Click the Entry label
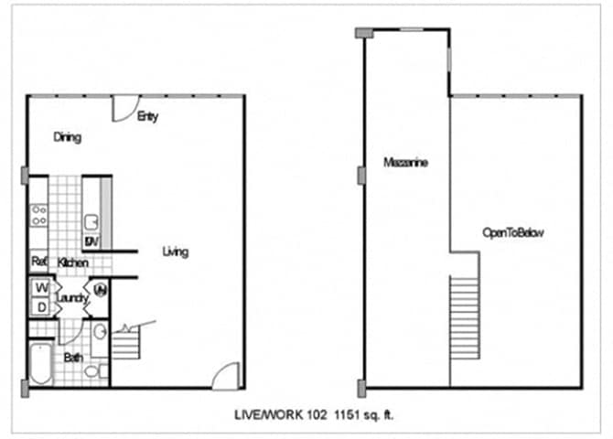pos(146,117)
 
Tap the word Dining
pos(67,138)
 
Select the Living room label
pos(176,252)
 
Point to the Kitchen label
pos(72,263)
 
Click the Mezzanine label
pos(406,163)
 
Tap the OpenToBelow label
pos(513,233)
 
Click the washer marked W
pos(41,288)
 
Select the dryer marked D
pos(41,307)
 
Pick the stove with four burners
pos(39,215)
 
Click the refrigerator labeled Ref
pos(38,262)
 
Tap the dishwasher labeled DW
pos(91,241)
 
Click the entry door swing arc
pos(123,108)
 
